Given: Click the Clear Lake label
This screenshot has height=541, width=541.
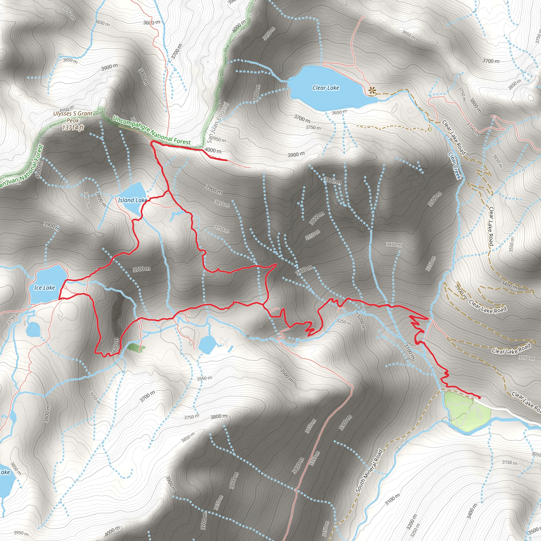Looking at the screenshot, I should click(x=326, y=88).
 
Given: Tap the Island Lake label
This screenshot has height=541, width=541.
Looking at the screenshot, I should click(x=132, y=200).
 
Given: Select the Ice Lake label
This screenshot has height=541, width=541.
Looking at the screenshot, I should click(x=45, y=288).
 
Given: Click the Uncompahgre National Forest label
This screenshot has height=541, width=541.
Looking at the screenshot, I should click(x=151, y=130).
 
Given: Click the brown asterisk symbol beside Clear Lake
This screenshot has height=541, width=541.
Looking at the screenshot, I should click(x=372, y=90).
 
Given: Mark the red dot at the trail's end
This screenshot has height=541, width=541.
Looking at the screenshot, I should click(x=479, y=397).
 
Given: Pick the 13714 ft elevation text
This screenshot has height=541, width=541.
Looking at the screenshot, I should click(x=73, y=128).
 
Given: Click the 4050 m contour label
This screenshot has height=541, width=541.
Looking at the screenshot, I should click(x=67, y=108).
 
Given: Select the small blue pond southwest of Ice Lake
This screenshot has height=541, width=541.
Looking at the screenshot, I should click(x=33, y=329).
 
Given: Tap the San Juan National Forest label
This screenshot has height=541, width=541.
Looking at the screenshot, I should click(x=21, y=168).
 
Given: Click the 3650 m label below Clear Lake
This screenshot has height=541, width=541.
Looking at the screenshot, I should click(x=339, y=112).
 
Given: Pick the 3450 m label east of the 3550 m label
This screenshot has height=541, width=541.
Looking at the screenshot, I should click(x=394, y=244).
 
